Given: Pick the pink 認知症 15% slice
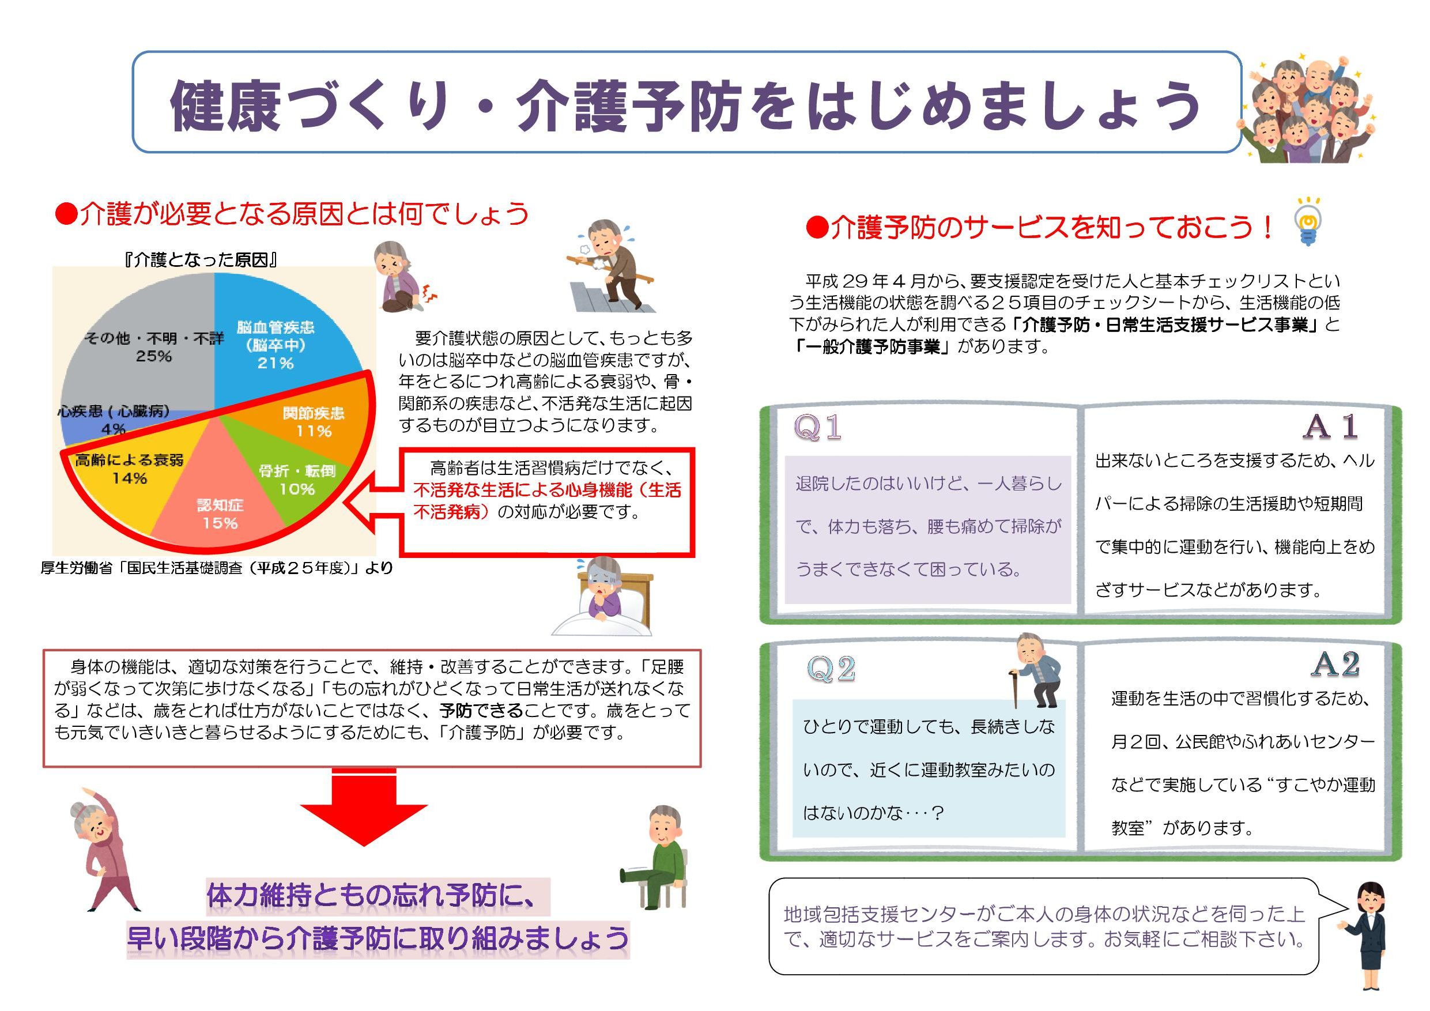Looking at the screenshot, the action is click(x=218, y=504).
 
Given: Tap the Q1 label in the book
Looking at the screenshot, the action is click(x=818, y=427).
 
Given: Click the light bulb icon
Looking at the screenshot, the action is click(x=1308, y=221).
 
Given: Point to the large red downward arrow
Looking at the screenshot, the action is click(x=364, y=808).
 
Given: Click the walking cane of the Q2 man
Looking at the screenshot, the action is click(x=1013, y=689).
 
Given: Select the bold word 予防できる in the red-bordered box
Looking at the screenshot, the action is click(x=481, y=710).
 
